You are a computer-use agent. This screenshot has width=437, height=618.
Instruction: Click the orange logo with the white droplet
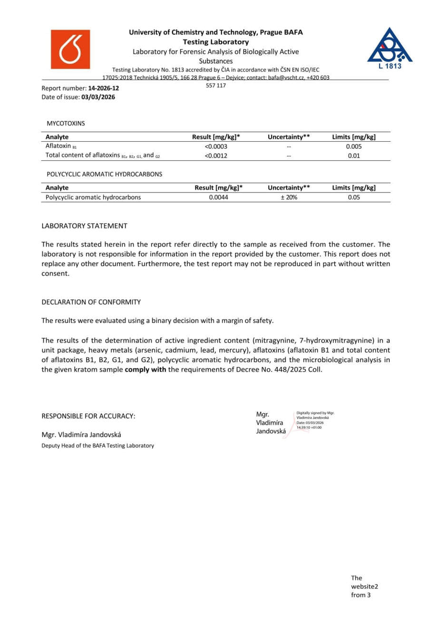[x=70, y=49]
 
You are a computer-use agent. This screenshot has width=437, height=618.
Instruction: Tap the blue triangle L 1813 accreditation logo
[x=389, y=48]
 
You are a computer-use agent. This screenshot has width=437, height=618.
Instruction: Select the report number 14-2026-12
[x=104, y=88]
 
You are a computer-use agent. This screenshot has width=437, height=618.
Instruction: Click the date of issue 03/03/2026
[x=98, y=97]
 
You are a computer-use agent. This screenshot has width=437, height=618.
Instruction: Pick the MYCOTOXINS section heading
[x=66, y=123]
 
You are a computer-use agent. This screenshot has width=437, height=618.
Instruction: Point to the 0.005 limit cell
[x=354, y=146]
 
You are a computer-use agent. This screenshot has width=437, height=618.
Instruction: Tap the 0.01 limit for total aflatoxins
[x=354, y=155]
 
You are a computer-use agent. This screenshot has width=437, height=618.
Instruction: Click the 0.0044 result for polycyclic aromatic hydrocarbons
[x=219, y=197]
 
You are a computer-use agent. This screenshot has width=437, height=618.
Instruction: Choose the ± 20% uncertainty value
[x=289, y=197]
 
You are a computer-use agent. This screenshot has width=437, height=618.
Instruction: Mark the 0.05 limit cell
[x=354, y=197]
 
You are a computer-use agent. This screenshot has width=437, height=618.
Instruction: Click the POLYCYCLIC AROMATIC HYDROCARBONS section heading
[x=104, y=174]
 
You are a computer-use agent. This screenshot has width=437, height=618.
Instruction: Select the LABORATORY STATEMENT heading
[x=84, y=226]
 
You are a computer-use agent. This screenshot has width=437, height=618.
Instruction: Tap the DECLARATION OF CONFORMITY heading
[x=91, y=302]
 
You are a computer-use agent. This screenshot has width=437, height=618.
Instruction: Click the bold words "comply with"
[x=146, y=369]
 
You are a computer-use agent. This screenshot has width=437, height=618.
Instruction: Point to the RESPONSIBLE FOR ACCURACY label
[x=88, y=416]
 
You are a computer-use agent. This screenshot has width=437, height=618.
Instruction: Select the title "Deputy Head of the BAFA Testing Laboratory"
[x=97, y=445]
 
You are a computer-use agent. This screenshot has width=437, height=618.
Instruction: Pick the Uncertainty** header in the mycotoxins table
[x=289, y=137]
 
